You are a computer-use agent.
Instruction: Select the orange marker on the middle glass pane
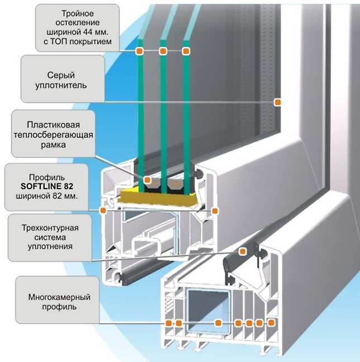pyautogui.click(x=163, y=51)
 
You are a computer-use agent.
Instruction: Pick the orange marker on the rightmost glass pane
pyautogui.click(x=186, y=51)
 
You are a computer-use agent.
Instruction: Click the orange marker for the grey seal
pyautogui.click(x=277, y=102)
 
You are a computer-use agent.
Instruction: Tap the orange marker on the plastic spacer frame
pyautogui.click(x=148, y=180)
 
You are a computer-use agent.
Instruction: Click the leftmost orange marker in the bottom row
pyautogui.click(x=168, y=323)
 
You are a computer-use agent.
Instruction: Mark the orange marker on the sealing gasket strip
pyautogui.click(x=243, y=251)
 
